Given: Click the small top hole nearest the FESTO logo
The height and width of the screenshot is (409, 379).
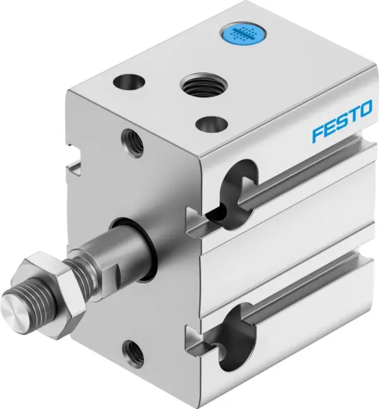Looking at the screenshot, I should coord(210,123).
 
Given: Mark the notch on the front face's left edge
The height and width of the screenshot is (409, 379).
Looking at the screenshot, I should coord(75,167).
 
